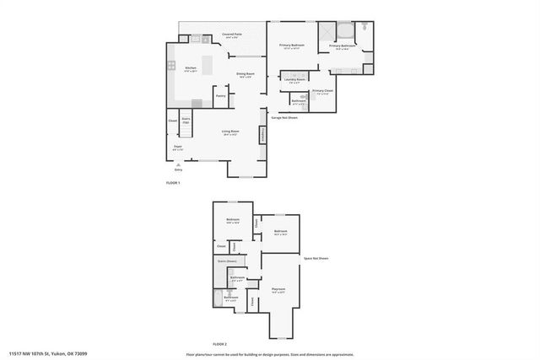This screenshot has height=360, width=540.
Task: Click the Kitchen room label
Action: (x=191, y=68)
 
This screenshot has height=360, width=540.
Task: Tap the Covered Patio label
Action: (x=231, y=35)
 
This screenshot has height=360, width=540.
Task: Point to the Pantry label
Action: (x=220, y=96)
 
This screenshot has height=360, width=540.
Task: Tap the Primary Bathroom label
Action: (x=343, y=46)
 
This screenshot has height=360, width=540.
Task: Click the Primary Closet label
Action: (x=322, y=91)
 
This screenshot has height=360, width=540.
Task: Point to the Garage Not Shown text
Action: (x=285, y=117)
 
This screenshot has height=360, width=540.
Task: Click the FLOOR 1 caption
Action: (x=173, y=183)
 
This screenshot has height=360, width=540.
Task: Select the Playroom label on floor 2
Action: (x=278, y=290)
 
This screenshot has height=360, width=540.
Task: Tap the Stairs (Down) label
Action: (x=226, y=261)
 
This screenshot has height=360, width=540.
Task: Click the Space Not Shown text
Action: (x=316, y=258)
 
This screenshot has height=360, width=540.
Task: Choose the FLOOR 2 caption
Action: (x=219, y=345)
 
